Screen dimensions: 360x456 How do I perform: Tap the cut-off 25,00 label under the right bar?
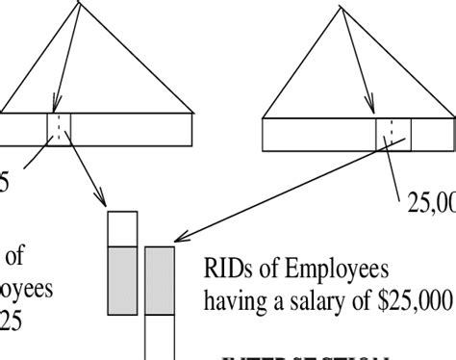coord(431,202)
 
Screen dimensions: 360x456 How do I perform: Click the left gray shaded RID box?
coord(122,280)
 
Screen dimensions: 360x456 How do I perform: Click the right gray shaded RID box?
coord(160,280)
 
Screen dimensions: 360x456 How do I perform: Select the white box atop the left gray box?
coord(122,229)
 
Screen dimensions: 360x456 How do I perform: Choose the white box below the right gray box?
coord(160,337)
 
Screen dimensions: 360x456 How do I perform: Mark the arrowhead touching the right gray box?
coord(178,241)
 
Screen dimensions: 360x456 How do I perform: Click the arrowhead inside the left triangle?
coord(57,108)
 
